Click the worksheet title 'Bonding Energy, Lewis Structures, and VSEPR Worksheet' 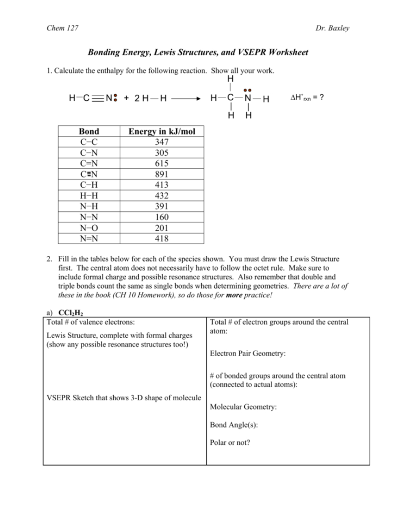[198, 53]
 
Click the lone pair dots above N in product [247, 90]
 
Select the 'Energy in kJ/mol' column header [161, 132]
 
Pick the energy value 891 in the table [161, 174]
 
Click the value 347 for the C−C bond [161, 143]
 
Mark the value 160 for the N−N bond [161, 217]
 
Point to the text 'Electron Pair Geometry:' [247, 353]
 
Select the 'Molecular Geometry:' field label [243, 407]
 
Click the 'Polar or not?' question [230, 443]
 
